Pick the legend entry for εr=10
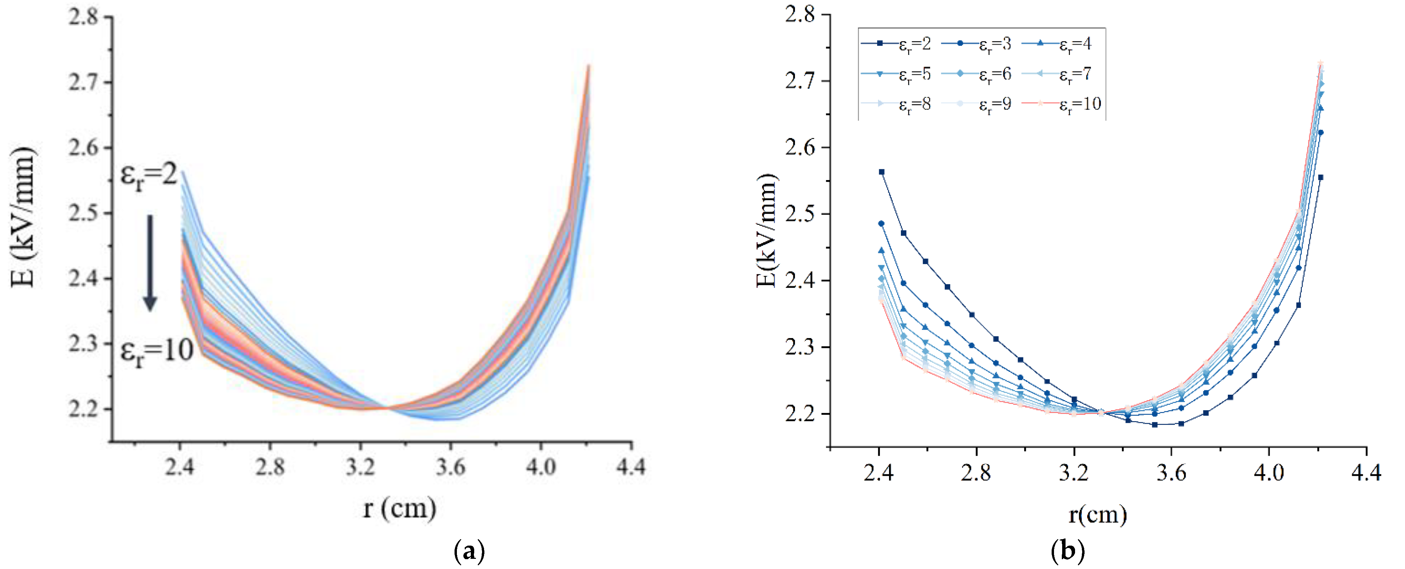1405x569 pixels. click(1061, 103)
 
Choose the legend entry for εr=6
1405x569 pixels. click(984, 74)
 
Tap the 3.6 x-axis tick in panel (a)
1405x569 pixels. click(450, 467)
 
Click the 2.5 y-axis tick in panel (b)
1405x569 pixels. click(800, 214)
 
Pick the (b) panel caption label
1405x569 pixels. click(1067, 552)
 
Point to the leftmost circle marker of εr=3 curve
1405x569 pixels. click(882, 223)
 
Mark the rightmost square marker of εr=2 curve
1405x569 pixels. click(1320, 177)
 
